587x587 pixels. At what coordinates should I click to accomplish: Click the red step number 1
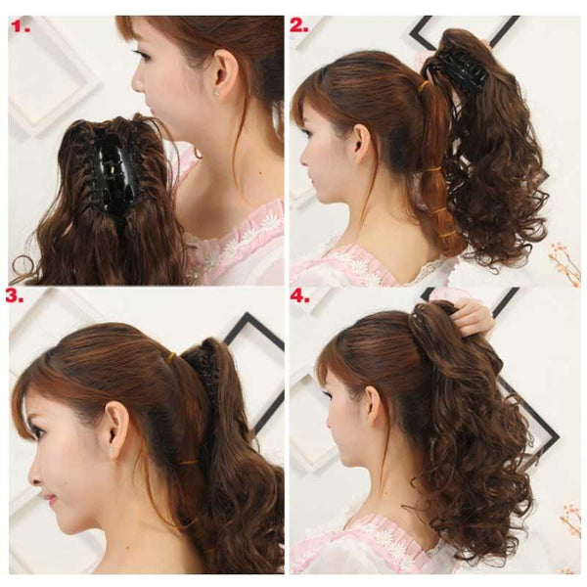21,26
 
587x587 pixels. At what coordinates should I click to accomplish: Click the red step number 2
299,25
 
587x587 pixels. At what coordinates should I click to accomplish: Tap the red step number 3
15,295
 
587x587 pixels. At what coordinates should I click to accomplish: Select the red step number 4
300,295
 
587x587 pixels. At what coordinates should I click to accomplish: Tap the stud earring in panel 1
216,92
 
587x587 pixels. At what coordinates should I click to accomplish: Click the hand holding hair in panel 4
471,317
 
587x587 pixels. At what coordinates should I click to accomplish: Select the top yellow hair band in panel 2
425,87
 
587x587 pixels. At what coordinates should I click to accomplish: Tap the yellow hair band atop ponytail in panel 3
173,356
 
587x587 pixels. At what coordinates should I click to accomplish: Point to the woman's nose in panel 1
138,83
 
